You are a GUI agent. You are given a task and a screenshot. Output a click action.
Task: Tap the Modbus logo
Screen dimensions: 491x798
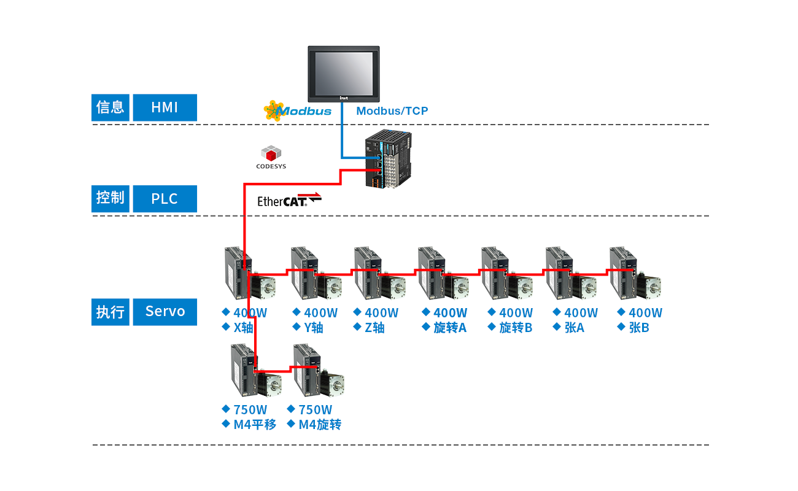coord(298,110)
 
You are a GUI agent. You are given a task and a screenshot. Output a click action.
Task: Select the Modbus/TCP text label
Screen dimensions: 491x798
coord(392,111)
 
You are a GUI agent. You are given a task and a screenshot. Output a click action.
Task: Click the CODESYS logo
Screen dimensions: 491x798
coord(271,157)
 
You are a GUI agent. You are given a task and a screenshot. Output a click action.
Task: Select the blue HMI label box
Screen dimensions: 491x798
coord(165,107)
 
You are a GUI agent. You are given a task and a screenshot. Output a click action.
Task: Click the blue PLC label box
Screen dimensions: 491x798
coord(165,199)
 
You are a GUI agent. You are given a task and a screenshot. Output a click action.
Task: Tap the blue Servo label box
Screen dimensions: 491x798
coord(165,311)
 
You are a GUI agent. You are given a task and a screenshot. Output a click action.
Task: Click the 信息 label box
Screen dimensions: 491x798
coord(110,107)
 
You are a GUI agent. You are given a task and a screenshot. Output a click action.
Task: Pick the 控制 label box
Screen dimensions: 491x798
coord(110,199)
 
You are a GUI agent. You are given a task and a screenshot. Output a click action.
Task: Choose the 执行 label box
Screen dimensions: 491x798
coord(110,311)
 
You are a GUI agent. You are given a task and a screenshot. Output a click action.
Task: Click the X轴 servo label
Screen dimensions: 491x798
coord(243,328)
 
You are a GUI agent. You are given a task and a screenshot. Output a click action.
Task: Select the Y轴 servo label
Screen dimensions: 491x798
coord(313,328)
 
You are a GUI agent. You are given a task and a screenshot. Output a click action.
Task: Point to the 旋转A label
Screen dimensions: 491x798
coord(449,328)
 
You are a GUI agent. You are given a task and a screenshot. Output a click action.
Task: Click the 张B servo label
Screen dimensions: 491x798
coord(638,328)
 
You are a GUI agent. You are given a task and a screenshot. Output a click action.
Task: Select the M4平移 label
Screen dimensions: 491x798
coord(255,424)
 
